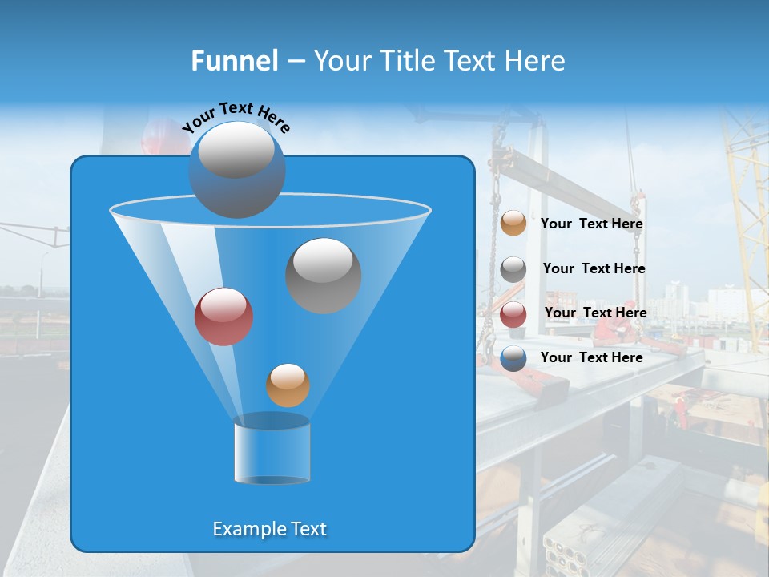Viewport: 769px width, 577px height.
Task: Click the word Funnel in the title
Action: click(234, 61)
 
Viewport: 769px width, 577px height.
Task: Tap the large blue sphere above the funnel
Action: click(236, 170)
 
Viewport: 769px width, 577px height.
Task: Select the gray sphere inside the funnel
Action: click(323, 275)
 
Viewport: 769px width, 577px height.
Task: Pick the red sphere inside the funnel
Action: click(223, 316)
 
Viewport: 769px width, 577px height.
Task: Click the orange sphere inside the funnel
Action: click(288, 385)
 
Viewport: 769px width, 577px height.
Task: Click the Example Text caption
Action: click(269, 529)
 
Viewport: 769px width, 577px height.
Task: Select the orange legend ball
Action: click(513, 224)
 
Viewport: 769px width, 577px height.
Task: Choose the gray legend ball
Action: click(513, 269)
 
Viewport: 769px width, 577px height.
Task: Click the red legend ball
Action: click(513, 314)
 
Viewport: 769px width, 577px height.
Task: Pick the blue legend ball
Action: click(513, 358)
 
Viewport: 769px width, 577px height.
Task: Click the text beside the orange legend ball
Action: click(591, 224)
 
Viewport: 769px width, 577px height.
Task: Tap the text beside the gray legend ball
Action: click(594, 268)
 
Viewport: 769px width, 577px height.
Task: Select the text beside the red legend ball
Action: click(595, 313)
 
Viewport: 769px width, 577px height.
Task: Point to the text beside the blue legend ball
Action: click(591, 357)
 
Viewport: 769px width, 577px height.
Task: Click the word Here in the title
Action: click(534, 61)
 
